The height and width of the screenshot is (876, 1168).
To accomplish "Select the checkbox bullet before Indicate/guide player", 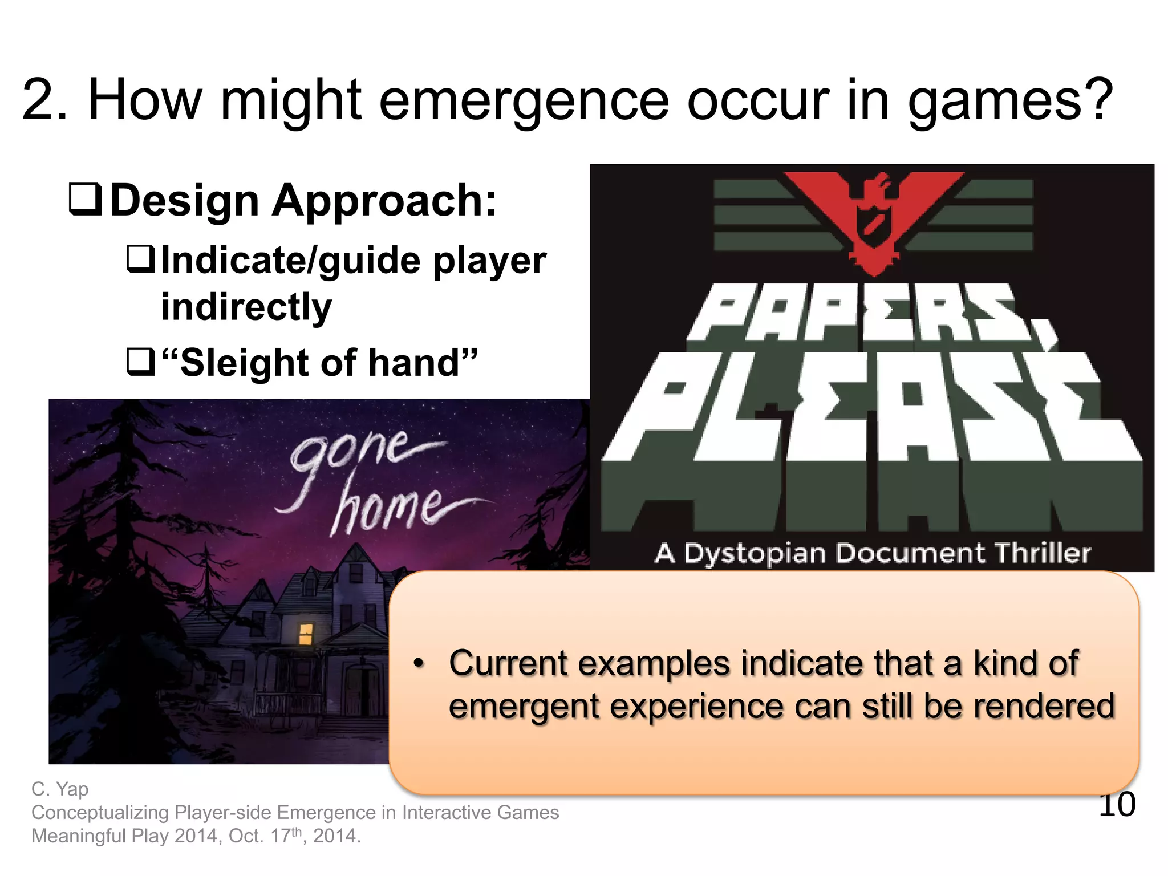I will pyautogui.click(x=141, y=259).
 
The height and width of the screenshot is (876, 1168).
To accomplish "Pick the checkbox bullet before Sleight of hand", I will pyautogui.click(x=141, y=363).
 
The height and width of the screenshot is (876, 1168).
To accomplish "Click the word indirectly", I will pyautogui.click(x=246, y=307).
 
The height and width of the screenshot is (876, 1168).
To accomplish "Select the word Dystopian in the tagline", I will pyautogui.click(x=754, y=553).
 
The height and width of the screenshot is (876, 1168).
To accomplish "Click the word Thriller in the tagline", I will pyautogui.click(x=1042, y=553).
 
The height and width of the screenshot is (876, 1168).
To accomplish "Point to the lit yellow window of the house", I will pyautogui.click(x=306, y=634).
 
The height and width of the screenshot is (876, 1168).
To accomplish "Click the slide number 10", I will pyautogui.click(x=1117, y=805).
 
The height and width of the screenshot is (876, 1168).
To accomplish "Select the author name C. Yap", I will pyautogui.click(x=60, y=789).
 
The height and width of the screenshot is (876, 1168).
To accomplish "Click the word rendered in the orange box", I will pyautogui.click(x=1043, y=706).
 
